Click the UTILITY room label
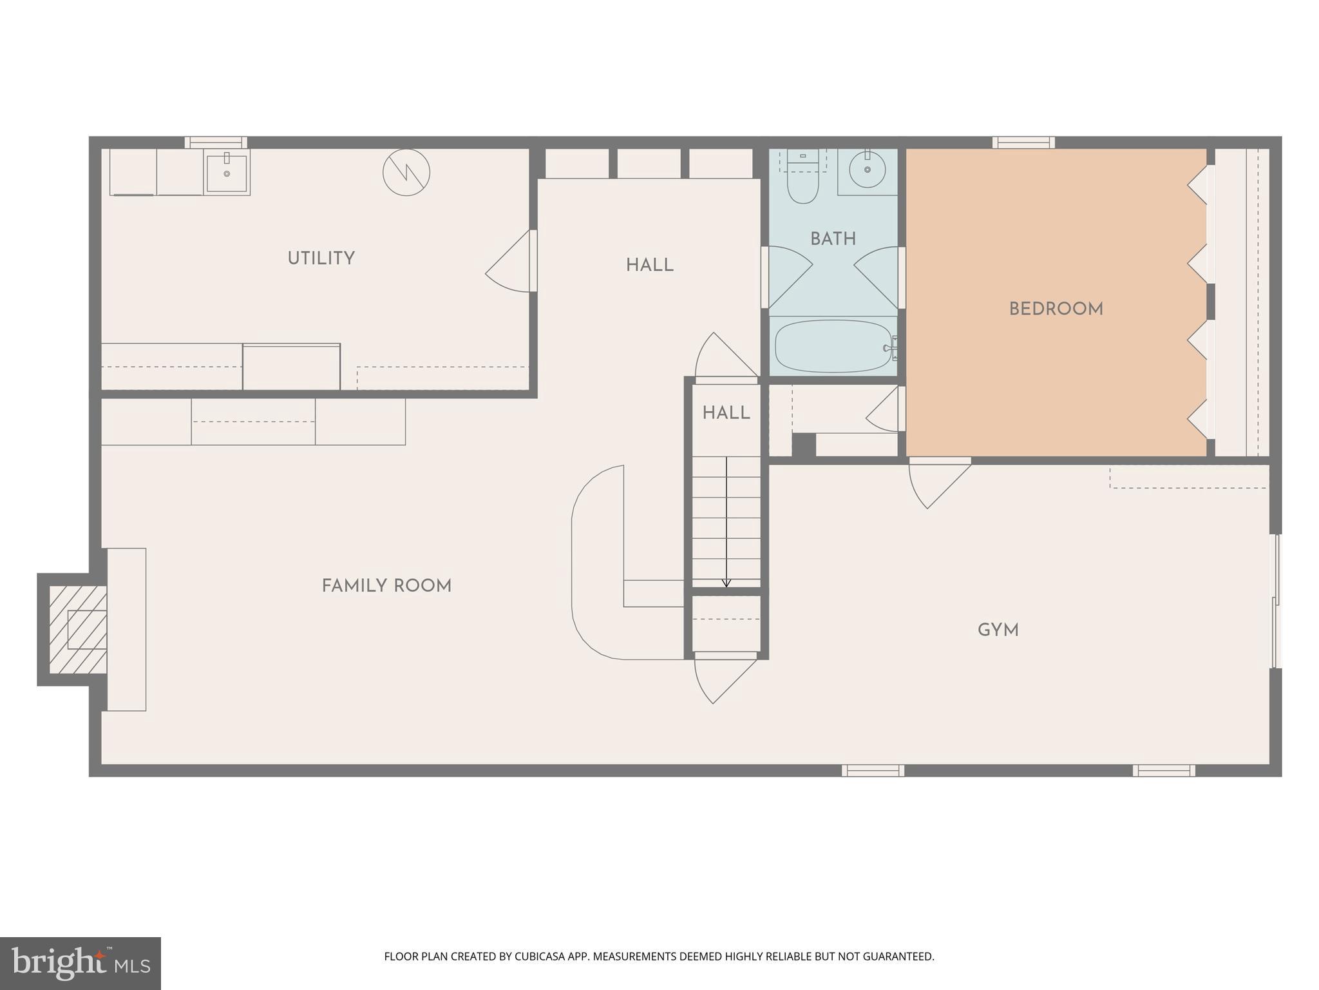(x=321, y=258)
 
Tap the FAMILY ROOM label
(x=386, y=586)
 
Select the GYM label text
(x=998, y=630)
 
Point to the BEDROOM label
(x=1056, y=309)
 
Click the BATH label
(x=833, y=239)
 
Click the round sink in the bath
(x=867, y=170)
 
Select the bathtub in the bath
(x=833, y=347)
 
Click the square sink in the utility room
(x=227, y=172)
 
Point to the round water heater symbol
(x=406, y=173)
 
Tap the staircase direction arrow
(x=726, y=522)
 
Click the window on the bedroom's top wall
(x=1023, y=142)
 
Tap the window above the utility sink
(x=216, y=142)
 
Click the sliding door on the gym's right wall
(x=1275, y=601)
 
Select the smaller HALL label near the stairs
(x=726, y=413)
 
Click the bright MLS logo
(x=80, y=963)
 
